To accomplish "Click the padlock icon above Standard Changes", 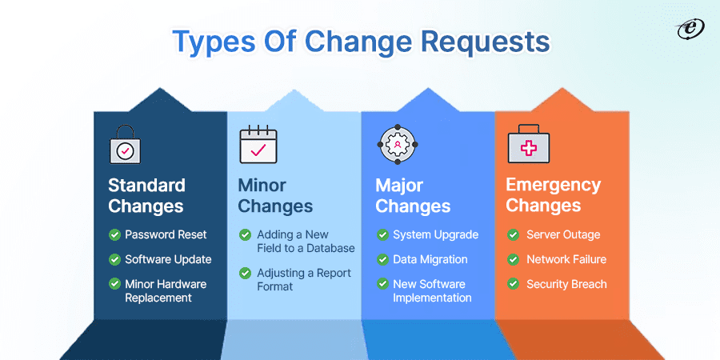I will [124, 144].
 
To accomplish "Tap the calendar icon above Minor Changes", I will [258, 144].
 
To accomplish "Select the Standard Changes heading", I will [146, 195].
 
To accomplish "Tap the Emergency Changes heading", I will [554, 195].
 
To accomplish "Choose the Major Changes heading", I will [413, 195].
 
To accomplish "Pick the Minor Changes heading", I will [275, 195].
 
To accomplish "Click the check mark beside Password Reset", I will [114, 234].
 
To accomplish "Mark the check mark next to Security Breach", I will [514, 284].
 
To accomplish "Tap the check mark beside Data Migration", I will [382, 259].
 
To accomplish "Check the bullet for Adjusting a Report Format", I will [245, 274].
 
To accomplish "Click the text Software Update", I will [168, 259].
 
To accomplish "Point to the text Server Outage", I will [563, 234].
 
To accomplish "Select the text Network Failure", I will [566, 259].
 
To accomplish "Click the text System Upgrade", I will [435, 234].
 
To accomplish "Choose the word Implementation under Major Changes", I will [432, 298].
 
